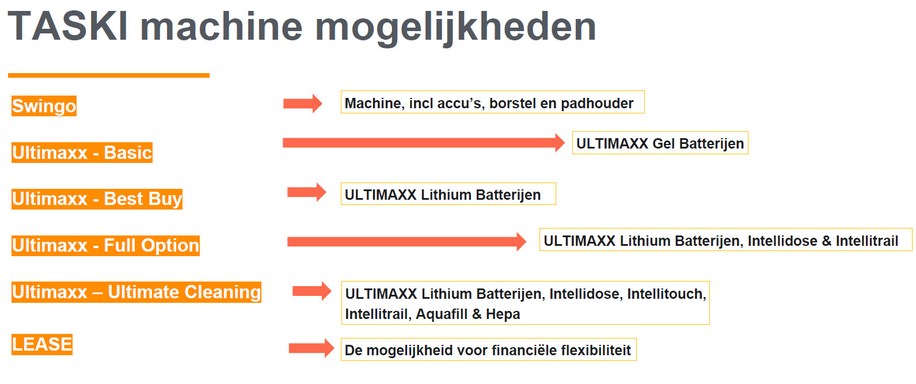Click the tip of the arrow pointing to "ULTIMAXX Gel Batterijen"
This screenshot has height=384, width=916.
(565, 143)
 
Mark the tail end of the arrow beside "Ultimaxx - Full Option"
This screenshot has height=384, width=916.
(287, 242)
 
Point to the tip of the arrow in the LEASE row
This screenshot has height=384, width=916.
(335, 348)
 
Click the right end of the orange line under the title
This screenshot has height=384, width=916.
(210, 75)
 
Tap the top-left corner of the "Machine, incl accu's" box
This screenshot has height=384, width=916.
(341, 91)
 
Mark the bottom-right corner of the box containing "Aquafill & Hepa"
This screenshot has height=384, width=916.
(709, 324)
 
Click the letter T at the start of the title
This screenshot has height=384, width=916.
(21, 26)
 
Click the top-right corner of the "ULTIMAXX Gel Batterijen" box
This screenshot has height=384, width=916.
(748, 132)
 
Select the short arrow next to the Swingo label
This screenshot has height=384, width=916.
(303, 104)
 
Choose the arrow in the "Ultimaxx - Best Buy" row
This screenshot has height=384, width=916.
(307, 192)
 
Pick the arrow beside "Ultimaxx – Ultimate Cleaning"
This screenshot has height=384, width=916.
(312, 291)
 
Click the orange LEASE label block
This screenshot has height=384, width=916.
(42, 344)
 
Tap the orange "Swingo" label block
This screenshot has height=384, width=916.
(44, 106)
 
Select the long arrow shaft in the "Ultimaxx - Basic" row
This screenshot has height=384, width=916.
(424, 143)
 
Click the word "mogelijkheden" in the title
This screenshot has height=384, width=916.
(455, 28)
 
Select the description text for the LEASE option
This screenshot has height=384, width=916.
(488, 351)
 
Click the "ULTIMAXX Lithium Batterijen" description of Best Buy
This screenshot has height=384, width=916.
(443, 195)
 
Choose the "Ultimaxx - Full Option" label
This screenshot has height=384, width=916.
(105, 246)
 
